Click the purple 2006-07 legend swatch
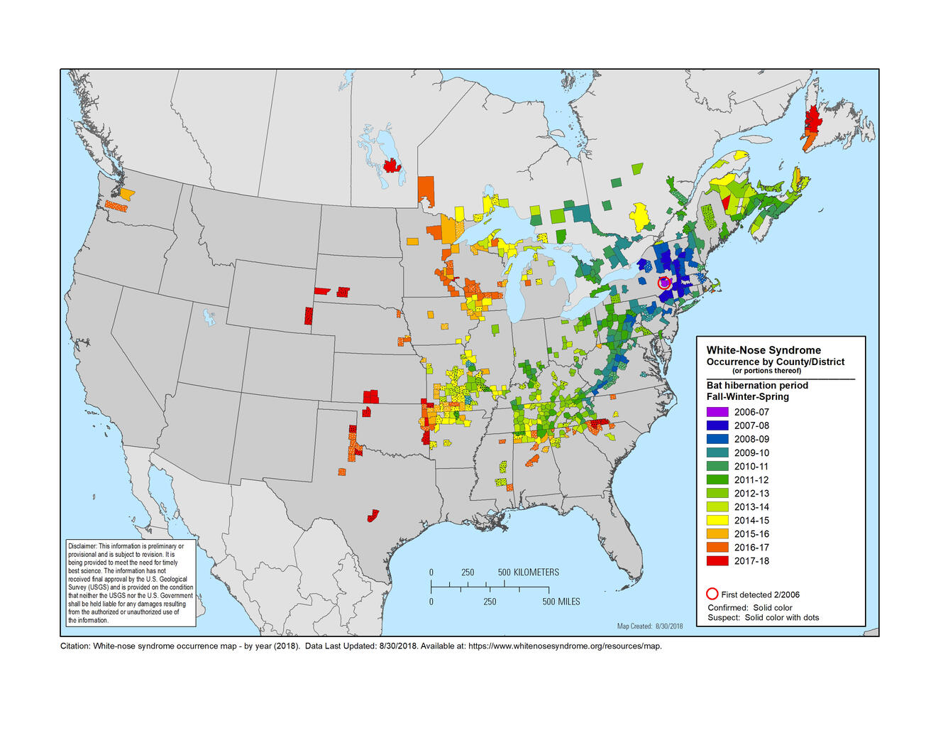[717, 412]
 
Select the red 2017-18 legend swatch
[717, 561]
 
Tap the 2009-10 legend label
[751, 453]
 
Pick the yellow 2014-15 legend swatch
[717, 521]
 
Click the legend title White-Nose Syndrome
[764, 350]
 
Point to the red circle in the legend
[712, 594]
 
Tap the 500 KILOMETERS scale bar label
[528, 572]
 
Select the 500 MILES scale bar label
[561, 602]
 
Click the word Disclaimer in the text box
[82, 546]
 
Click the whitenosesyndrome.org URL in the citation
[564, 646]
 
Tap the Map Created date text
[649, 626]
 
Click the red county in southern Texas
[373, 515]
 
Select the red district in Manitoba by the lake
[391, 166]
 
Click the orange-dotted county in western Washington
[116, 206]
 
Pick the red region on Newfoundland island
[812, 116]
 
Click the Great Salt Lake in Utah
[209, 317]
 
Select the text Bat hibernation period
[756, 386]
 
